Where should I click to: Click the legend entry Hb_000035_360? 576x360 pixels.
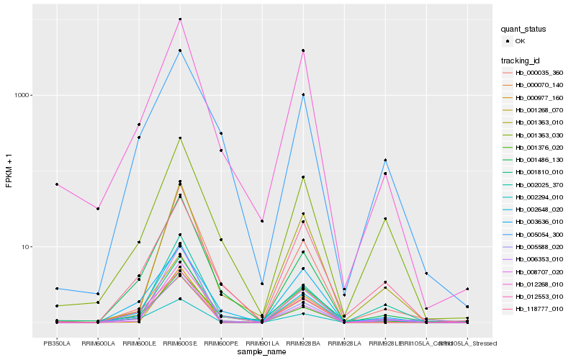pyautogui.click(x=533, y=73)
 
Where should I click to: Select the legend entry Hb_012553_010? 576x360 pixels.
pyautogui.click(x=533, y=297)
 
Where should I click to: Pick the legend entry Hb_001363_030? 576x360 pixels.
pyautogui.click(x=533, y=135)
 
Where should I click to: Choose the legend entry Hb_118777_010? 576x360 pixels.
pyautogui.click(x=533, y=309)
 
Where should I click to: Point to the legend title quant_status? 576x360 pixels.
pyautogui.click(x=524, y=29)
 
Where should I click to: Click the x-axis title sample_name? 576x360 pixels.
pyautogui.click(x=262, y=352)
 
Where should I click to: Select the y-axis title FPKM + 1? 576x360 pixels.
pyautogui.click(x=9, y=170)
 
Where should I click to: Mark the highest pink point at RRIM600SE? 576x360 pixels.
pyautogui.click(x=180, y=19)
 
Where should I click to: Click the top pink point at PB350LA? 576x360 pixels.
pyautogui.click(x=57, y=184)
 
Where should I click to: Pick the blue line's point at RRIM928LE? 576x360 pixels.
pyautogui.click(x=385, y=160)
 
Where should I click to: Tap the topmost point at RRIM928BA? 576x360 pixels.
pyautogui.click(x=303, y=50)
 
